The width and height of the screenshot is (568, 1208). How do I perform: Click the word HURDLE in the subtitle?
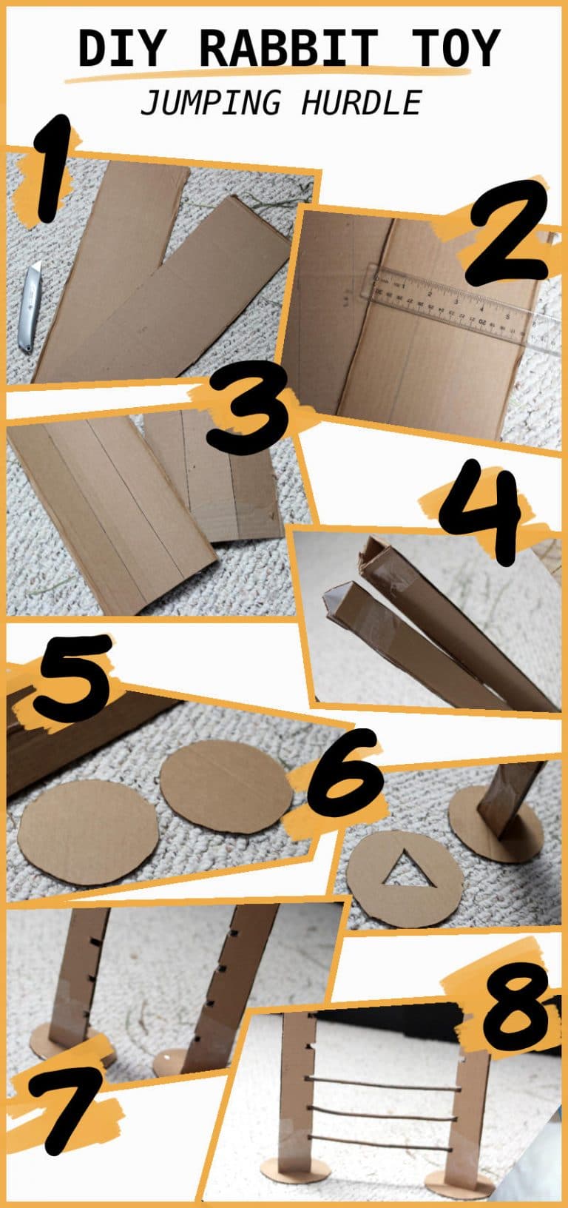tap(361, 103)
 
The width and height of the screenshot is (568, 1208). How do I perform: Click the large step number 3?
tap(247, 410)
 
